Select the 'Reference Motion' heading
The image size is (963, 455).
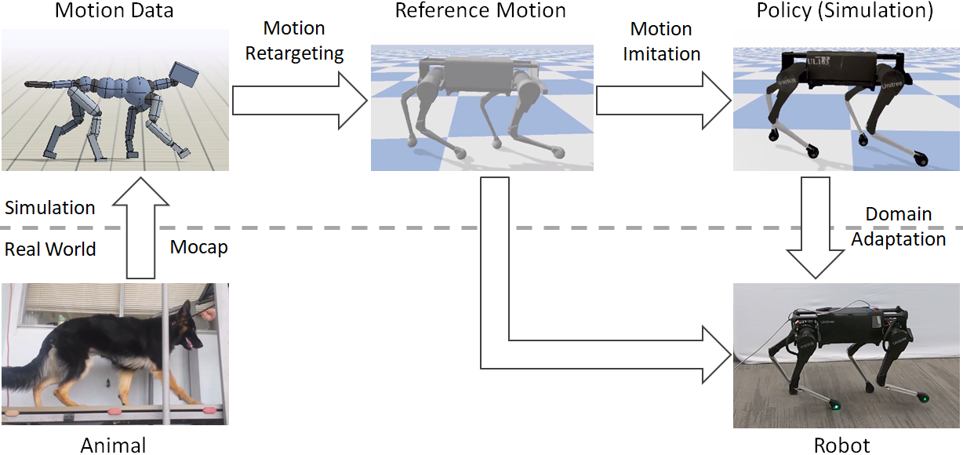point(480,11)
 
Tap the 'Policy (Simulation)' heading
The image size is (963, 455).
point(845,11)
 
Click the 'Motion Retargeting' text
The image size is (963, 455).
point(294,42)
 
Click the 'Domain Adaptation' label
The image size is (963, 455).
point(899,226)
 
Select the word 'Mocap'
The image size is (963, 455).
point(198,248)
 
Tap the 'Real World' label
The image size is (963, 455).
point(50,249)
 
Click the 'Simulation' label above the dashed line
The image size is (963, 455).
point(50,208)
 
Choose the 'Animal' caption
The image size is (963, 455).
point(114,445)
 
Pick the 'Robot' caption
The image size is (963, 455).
point(841,445)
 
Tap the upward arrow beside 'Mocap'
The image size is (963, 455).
point(142,227)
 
